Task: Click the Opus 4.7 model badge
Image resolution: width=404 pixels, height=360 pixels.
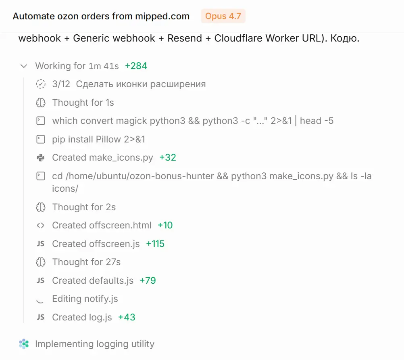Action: [x=223, y=16]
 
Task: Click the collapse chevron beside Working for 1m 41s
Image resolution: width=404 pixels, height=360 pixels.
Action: [x=24, y=66]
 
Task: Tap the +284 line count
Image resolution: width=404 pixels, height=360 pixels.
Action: [x=136, y=66]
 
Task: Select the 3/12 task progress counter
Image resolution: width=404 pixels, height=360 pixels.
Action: [x=61, y=84]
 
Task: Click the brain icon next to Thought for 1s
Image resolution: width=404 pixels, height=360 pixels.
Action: [x=41, y=103]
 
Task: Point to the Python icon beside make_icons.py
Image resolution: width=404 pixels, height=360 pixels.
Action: [x=40, y=157]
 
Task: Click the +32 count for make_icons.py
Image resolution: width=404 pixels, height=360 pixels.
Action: [x=168, y=157]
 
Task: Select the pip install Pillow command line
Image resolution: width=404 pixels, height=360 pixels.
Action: [x=99, y=139]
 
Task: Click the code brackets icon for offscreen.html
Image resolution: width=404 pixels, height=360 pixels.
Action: [x=40, y=225]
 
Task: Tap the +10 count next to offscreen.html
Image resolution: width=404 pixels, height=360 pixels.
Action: [x=165, y=225]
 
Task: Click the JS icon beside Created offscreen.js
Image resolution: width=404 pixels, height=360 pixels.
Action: [x=40, y=244]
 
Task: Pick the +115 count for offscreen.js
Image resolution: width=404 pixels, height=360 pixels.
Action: [x=155, y=244]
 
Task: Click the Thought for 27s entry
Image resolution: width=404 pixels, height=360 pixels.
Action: [x=86, y=262]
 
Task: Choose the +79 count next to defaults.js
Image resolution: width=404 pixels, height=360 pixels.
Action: [x=148, y=280]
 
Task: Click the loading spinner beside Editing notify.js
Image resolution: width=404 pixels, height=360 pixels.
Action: [x=40, y=301]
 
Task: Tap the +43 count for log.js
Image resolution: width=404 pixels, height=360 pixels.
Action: [x=127, y=317]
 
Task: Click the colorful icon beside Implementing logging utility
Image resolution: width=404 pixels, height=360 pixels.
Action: [x=24, y=344]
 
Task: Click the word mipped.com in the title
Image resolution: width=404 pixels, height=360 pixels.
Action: [x=162, y=16]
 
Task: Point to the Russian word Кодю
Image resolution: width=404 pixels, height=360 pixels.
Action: [x=345, y=38]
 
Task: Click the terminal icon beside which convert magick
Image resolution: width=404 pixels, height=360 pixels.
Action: [x=40, y=121]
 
